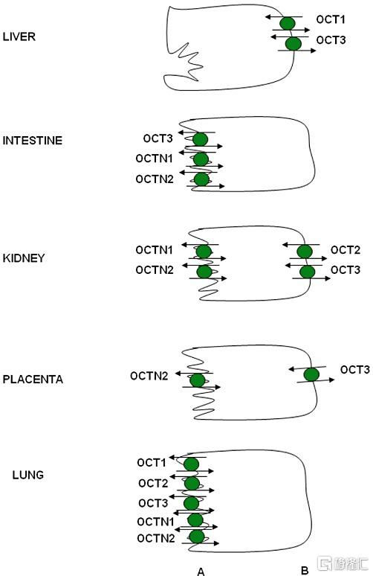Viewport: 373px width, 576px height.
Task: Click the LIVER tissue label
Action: pyautogui.click(x=19, y=36)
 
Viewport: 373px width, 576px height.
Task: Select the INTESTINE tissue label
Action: pyautogui.click(x=32, y=141)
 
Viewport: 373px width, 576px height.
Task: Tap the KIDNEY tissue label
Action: pyautogui.click(x=24, y=258)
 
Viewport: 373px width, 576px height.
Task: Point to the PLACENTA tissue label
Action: pyautogui.click(x=33, y=379)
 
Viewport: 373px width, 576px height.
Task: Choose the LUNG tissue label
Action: pyautogui.click(x=28, y=475)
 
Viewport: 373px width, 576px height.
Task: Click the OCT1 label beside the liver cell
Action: pyautogui.click(x=331, y=19)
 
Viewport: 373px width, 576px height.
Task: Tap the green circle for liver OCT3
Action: pyautogui.click(x=293, y=44)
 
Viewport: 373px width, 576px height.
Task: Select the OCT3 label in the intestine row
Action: pyautogui.click(x=158, y=138)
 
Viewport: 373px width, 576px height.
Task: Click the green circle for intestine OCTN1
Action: pyautogui.click(x=201, y=160)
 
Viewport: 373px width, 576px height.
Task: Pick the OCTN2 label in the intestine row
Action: pyautogui.click(x=155, y=179)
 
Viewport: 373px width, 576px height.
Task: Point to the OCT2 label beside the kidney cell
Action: pyautogui.click(x=345, y=250)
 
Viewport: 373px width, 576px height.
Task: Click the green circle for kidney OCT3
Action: pyautogui.click(x=307, y=272)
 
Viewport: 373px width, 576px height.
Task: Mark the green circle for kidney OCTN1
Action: pyautogui.click(x=204, y=252)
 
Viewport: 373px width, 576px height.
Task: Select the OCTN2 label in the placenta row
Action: pyautogui.click(x=149, y=376)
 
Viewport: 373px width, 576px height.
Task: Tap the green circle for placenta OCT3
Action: pyautogui.click(x=311, y=374)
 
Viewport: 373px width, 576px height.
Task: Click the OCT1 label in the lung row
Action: pyautogui.click(x=152, y=462)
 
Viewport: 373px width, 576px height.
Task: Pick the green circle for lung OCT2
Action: pyautogui.click(x=192, y=484)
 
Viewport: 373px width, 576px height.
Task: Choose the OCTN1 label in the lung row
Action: pyautogui.click(x=155, y=521)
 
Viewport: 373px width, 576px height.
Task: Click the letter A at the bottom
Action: pyautogui.click(x=201, y=572)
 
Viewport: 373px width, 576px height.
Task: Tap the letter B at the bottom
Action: pyautogui.click(x=305, y=571)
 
